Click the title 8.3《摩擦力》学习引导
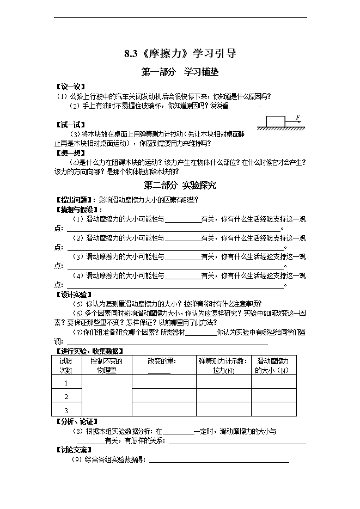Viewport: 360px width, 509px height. pyautogui.click(x=180, y=54)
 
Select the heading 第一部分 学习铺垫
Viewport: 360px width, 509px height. pyautogui.click(x=180, y=71)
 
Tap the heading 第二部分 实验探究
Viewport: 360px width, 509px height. pyautogui.click(x=180, y=185)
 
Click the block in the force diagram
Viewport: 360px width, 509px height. pyautogui.click(x=276, y=121)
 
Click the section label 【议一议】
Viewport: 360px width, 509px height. pyautogui.click(x=70, y=86)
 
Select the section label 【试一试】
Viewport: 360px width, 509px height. pyautogui.click(x=70, y=125)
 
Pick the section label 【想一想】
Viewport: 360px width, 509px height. pyautogui.click(x=70, y=153)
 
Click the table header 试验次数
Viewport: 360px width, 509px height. pyautogui.click(x=66, y=365)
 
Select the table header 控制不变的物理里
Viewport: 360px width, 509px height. pyautogui.click(x=106, y=365)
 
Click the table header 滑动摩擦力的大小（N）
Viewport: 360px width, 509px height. pyautogui.click(x=273, y=365)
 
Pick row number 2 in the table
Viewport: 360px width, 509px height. pyautogui.click(x=66, y=396)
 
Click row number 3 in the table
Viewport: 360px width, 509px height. pyautogui.click(x=66, y=410)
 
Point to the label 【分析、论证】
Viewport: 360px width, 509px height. pyautogui.click(x=76, y=421)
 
